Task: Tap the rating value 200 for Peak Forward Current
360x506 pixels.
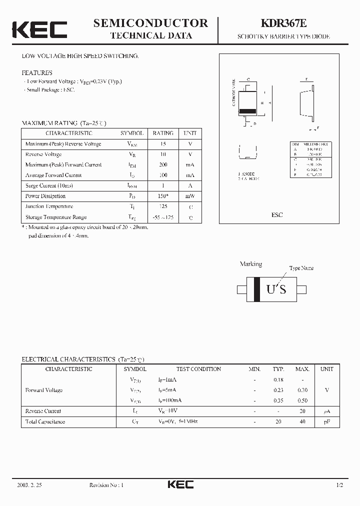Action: click(163, 164)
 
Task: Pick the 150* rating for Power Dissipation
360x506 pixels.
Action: click(163, 196)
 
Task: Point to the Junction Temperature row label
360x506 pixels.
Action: click(49, 206)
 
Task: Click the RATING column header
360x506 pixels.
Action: click(163, 133)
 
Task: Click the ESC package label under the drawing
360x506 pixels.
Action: click(277, 214)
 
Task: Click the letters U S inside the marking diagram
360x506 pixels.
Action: click(276, 289)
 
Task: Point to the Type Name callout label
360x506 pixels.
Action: click(301, 268)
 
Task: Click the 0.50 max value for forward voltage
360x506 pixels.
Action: click(302, 400)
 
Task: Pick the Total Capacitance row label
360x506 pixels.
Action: click(45, 421)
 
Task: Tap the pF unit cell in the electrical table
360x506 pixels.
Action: click(327, 421)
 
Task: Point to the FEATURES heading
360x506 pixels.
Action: click(36, 72)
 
